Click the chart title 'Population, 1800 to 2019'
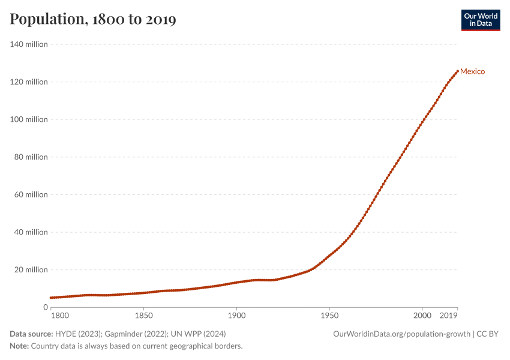[93, 19]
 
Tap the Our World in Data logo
[481, 20]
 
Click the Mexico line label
[472, 71]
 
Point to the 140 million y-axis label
[29, 44]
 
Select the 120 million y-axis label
[29, 82]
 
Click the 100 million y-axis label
[29, 119]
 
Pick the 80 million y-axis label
[31, 157]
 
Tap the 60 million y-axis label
[31, 194]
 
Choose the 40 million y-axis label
[31, 232]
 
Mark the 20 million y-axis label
[31, 269]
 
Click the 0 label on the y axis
[46, 307]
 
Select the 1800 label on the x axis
[60, 316]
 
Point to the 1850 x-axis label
[144, 316]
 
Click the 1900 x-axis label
[236, 316]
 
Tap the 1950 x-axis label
[329, 316]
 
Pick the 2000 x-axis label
[422, 316]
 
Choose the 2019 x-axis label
[449, 316]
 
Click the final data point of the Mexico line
[458, 71]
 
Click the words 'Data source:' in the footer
[31, 334]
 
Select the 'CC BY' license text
[487, 334]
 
